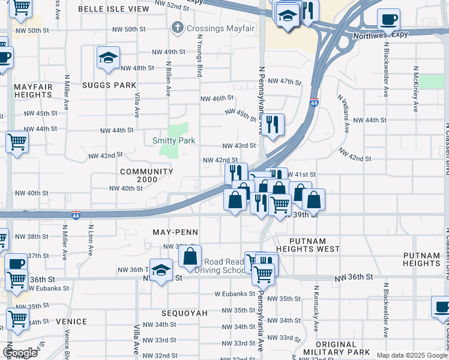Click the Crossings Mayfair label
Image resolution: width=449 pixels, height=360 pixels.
point(205,28)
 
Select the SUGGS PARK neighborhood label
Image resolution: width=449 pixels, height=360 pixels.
point(110,85)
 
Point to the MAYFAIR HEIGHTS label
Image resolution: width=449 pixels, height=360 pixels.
point(34,91)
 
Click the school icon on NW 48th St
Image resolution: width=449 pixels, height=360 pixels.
point(108,58)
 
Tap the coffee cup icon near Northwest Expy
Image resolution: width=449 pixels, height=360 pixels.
point(388,19)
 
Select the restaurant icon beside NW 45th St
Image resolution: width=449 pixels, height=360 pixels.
point(273,124)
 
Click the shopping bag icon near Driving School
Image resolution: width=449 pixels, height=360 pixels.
point(190,256)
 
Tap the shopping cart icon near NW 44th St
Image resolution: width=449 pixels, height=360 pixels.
point(17,143)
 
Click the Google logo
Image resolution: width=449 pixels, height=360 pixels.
point(20,353)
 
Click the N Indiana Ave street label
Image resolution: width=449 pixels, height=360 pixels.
point(343,114)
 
